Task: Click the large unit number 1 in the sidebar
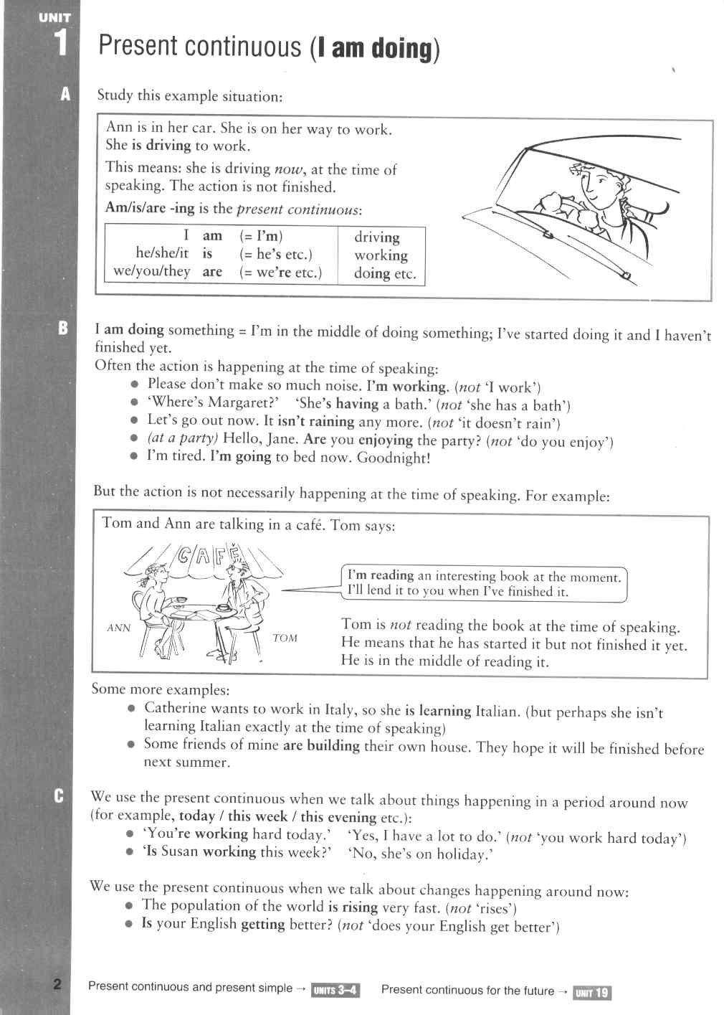[61, 42]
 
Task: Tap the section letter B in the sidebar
[63, 329]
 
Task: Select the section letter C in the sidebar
[58, 796]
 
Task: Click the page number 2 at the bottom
[57, 983]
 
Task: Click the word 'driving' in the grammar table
[377, 237]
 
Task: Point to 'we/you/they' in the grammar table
[152, 271]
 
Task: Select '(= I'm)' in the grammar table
[261, 236]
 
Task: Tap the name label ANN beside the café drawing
[118, 628]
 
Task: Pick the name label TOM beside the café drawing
[285, 638]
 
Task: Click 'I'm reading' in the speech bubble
[381, 575]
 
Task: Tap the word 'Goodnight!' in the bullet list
[394, 458]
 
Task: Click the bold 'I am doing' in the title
[375, 49]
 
